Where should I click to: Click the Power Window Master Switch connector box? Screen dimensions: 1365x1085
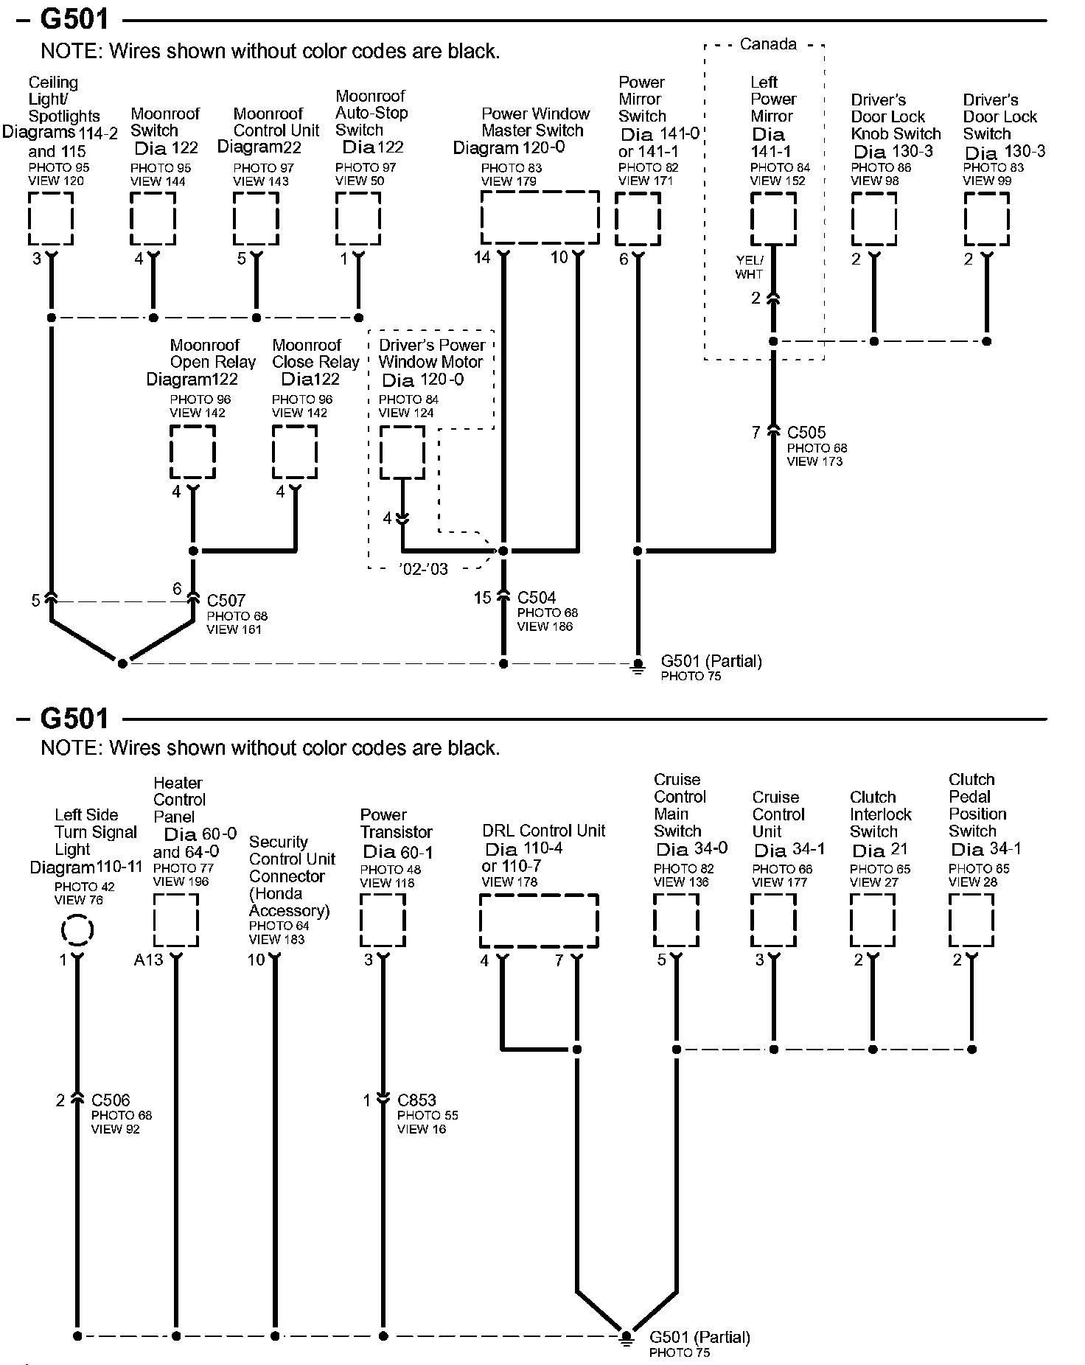tap(540, 217)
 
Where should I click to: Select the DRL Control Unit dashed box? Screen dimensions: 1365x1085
tap(539, 921)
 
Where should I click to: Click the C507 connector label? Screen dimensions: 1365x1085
tap(226, 601)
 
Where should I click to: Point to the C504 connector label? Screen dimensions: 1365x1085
tap(537, 598)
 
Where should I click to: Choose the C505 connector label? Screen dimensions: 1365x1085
tap(806, 433)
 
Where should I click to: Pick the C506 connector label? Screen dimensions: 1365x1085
tap(111, 1100)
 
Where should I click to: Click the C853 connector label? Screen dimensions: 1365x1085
tap(417, 1100)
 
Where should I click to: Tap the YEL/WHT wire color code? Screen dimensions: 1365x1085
tap(749, 267)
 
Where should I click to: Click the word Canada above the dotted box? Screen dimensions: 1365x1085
tap(767, 44)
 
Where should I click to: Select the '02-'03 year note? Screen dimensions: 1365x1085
tap(423, 569)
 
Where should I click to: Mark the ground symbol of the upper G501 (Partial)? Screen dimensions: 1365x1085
tap(638, 666)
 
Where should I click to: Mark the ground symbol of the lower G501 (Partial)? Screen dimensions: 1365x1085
tap(626, 1338)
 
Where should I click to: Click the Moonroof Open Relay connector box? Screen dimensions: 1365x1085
tap(192, 452)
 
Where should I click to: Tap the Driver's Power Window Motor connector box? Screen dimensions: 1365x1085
tap(402, 453)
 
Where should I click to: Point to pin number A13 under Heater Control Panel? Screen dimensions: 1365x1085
tap(148, 960)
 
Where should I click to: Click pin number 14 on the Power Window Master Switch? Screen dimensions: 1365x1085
tap(482, 257)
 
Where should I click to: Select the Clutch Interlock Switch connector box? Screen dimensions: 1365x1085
tap(873, 921)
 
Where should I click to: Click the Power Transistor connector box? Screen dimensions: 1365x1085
tap(383, 921)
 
